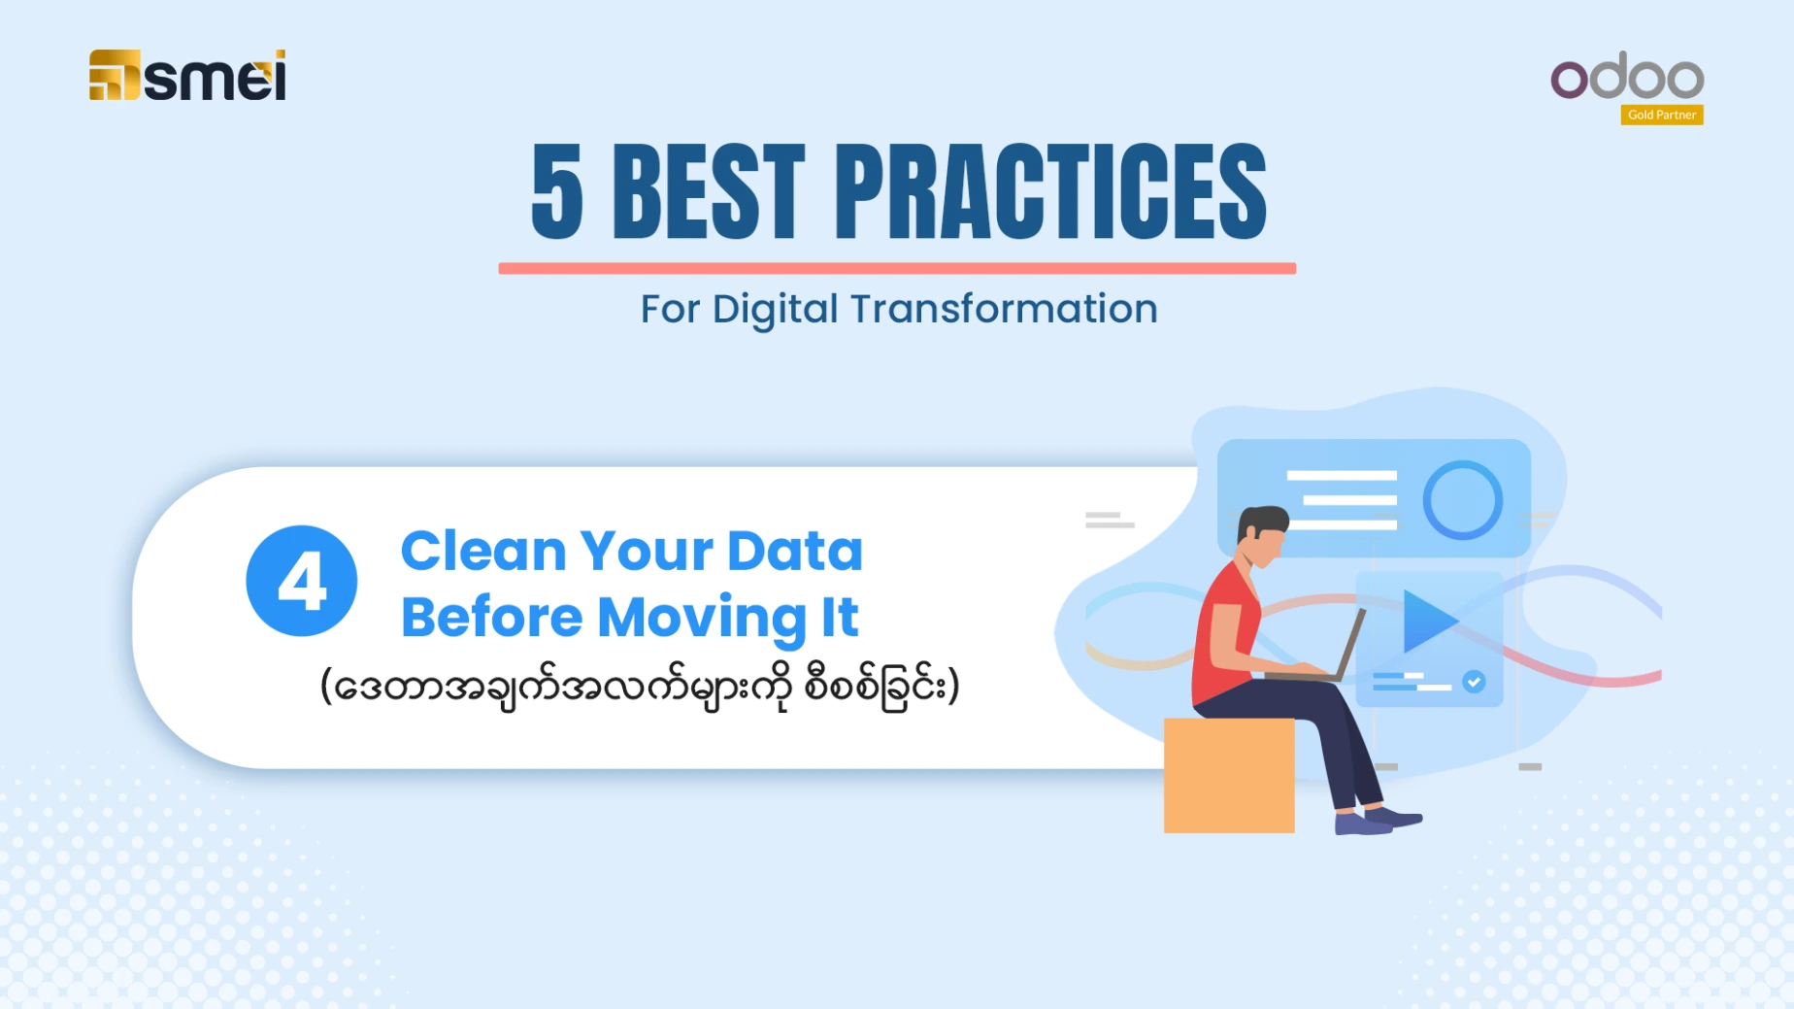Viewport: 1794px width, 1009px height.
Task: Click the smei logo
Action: coord(187,75)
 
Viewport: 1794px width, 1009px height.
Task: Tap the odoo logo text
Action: coord(1627,77)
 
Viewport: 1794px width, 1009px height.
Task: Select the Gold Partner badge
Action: coord(1662,115)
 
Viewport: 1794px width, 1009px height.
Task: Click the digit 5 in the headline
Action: coord(557,191)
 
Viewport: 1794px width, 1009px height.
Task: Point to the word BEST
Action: coord(709,191)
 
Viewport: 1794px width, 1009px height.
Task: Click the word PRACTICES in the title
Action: coord(1050,191)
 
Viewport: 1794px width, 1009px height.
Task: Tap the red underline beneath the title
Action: coord(897,268)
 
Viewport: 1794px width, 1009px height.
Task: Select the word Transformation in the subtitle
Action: coord(1004,309)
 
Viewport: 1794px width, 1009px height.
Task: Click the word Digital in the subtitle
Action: coord(775,310)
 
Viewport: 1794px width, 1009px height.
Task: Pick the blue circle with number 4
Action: coord(302,581)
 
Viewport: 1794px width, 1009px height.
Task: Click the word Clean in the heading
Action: coord(483,551)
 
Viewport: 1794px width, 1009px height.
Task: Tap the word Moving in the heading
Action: coord(701,619)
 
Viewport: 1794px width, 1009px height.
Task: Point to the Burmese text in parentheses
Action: coord(640,687)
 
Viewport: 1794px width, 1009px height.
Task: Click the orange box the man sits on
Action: coord(1229,775)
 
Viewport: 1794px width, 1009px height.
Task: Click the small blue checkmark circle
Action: coord(1474,682)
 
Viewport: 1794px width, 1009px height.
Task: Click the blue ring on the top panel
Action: coord(1463,500)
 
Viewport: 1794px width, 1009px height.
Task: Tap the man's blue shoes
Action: coord(1377,821)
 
